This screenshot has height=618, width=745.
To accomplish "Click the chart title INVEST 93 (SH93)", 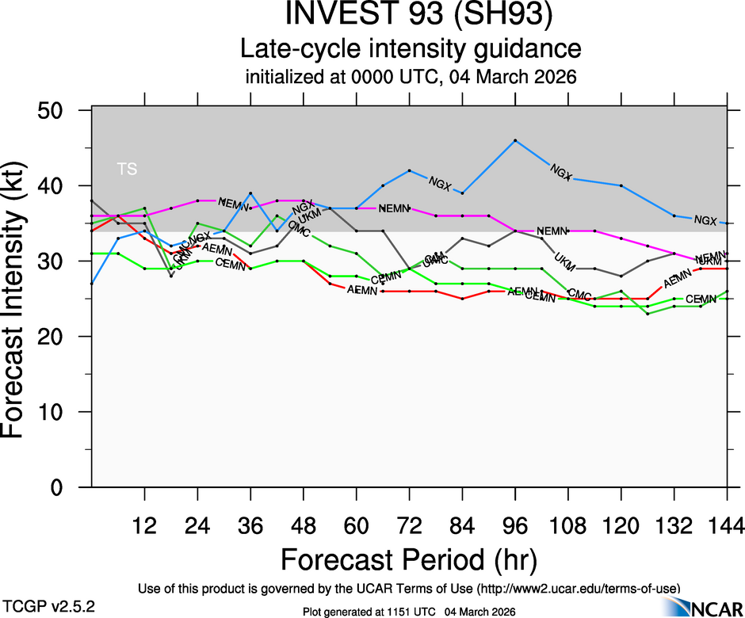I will tap(411, 17).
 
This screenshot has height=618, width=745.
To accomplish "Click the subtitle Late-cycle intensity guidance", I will tap(411, 49).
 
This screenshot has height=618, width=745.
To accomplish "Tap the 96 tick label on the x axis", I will tap(515, 525).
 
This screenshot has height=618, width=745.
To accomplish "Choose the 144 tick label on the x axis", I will tap(727, 525).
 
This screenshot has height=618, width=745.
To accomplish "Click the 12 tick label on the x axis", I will tap(144, 525).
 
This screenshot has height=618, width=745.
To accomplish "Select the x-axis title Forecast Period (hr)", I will tap(410, 559).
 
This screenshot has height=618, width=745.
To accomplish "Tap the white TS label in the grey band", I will tap(127, 169).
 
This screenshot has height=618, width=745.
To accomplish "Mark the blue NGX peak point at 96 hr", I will tap(515, 140).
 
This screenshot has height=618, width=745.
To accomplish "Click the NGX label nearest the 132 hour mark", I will tap(705, 220).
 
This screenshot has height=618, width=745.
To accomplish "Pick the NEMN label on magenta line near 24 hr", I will tap(234, 204).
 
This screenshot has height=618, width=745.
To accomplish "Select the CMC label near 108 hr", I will tap(579, 296).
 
